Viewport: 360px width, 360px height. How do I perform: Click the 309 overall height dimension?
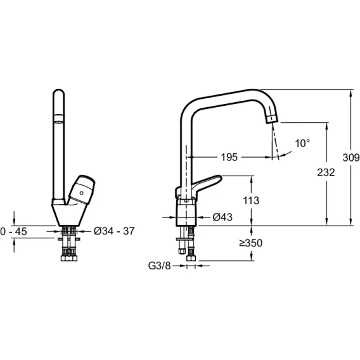(x=351, y=157)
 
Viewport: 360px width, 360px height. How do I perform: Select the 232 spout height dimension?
(x=326, y=172)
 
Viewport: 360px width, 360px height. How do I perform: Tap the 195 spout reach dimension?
(x=229, y=157)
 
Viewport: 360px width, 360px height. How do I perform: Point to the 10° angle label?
(x=302, y=143)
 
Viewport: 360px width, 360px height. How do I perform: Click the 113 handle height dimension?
(x=251, y=200)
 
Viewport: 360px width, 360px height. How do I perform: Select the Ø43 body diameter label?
(x=222, y=217)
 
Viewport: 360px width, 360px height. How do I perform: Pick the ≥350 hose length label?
(x=251, y=243)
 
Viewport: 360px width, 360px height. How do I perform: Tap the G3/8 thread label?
(x=160, y=266)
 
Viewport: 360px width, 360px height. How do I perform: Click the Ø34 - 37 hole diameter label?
(x=114, y=231)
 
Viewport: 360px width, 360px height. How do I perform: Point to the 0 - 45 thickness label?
(x=14, y=231)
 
